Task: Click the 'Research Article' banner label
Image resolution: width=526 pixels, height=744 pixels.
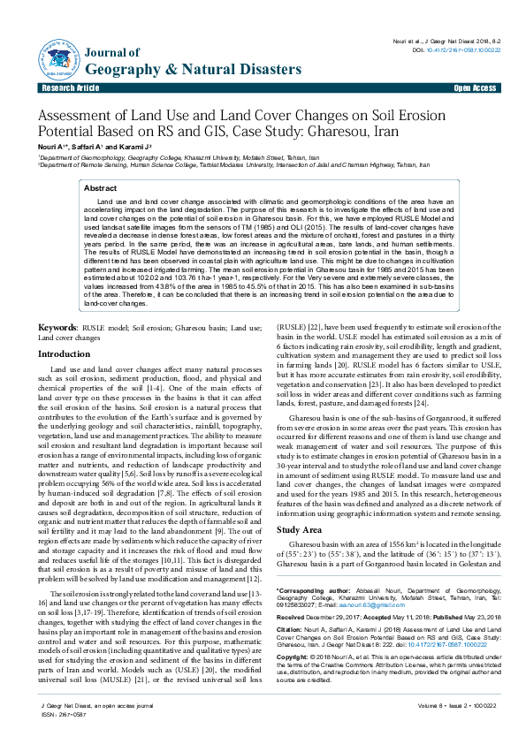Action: tap(68, 89)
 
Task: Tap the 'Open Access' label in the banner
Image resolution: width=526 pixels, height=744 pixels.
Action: tap(474, 89)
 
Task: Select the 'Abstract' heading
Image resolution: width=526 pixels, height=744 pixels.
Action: tap(100, 189)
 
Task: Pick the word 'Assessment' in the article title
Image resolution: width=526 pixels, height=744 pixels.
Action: tap(89, 116)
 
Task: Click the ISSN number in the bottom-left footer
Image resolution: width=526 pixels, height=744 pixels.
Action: tap(60, 737)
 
